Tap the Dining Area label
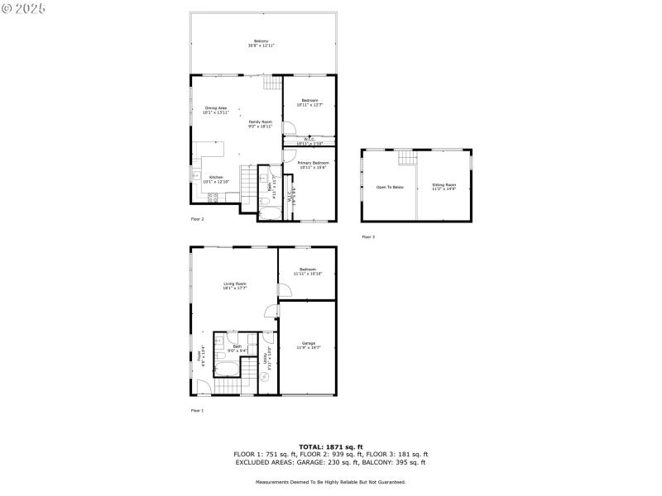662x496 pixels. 215,108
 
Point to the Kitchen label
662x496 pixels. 215,177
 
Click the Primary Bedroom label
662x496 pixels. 314,164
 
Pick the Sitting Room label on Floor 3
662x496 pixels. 444,187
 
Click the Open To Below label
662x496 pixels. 390,187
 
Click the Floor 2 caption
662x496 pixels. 197,219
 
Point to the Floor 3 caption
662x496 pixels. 368,237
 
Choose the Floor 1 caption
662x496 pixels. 197,410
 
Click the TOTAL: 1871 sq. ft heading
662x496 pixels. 331,446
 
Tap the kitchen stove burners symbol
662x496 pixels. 213,197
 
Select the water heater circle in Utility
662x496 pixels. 265,377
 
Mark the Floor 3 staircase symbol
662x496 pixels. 405,158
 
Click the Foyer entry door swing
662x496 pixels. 202,385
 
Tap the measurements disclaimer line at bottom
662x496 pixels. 331,481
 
